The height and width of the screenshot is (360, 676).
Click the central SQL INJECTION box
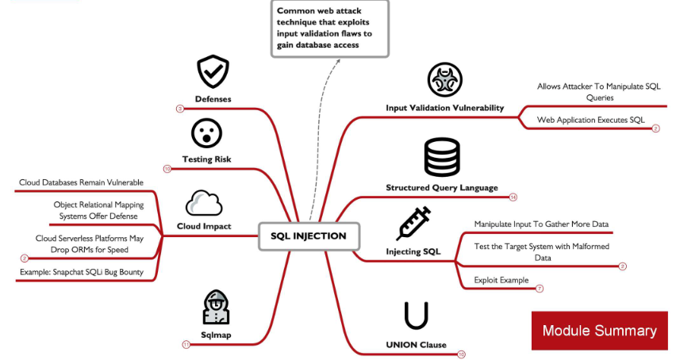click(x=309, y=236)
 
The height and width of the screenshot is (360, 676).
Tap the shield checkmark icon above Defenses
click(x=212, y=72)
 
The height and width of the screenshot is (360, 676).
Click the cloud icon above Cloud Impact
click(x=204, y=204)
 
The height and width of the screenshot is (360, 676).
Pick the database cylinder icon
click(x=442, y=156)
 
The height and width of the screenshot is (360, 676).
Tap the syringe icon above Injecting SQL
click(x=413, y=224)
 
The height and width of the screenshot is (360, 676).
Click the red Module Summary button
click(x=599, y=331)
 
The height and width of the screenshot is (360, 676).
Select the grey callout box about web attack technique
click(x=329, y=28)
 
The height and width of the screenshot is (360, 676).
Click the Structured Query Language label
click(x=442, y=188)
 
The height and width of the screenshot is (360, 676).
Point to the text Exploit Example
click(x=501, y=280)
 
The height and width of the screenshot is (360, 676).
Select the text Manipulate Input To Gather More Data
click(x=541, y=224)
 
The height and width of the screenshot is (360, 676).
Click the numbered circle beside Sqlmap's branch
click(x=186, y=344)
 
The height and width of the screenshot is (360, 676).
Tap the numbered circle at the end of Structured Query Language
click(x=513, y=197)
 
